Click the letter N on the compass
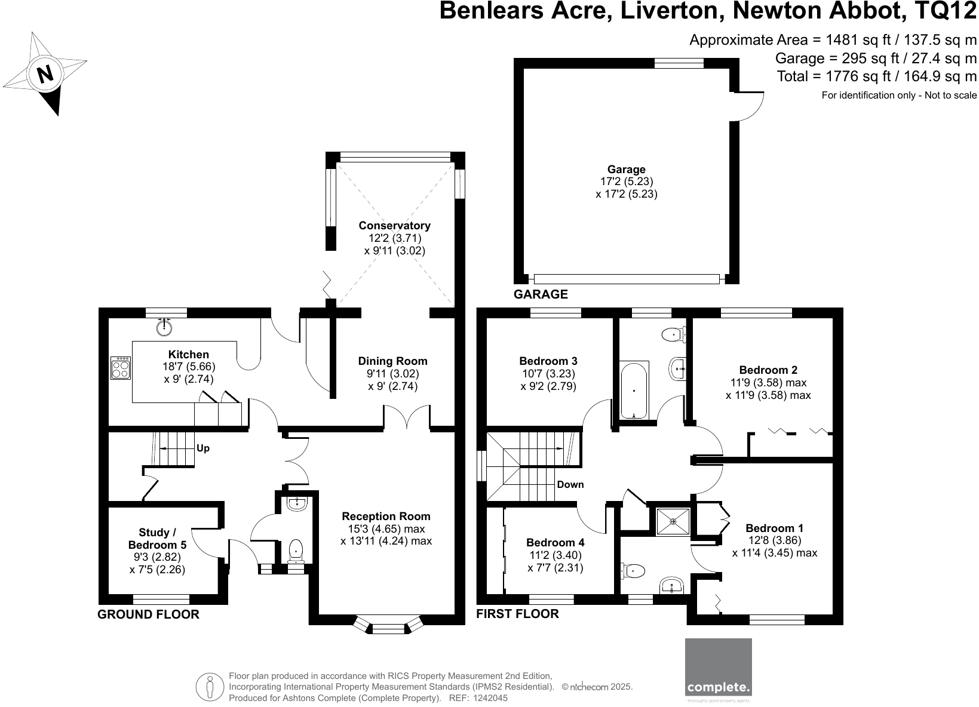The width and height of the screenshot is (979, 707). click(45, 74)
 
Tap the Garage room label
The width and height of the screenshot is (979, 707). click(627, 169)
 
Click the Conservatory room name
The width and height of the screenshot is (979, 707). click(395, 226)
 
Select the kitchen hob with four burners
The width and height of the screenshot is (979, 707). click(121, 368)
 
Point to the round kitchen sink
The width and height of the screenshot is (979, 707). click(164, 327)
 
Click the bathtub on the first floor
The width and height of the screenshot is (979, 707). click(634, 390)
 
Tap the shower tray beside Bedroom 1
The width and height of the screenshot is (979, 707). click(673, 521)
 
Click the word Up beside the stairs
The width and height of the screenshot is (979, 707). click(203, 448)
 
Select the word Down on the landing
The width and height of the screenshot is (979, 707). click(570, 484)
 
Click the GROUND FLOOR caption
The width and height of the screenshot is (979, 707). click(148, 614)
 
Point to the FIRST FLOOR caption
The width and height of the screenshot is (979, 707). click(517, 614)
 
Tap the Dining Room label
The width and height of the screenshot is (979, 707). click(393, 361)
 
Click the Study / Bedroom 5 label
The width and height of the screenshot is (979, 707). click(157, 539)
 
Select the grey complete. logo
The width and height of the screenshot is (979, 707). click(719, 674)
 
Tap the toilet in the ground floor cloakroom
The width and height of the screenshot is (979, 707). click(296, 551)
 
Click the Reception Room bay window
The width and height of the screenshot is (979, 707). click(388, 625)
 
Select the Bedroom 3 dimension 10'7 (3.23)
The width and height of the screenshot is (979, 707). click(548, 374)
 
